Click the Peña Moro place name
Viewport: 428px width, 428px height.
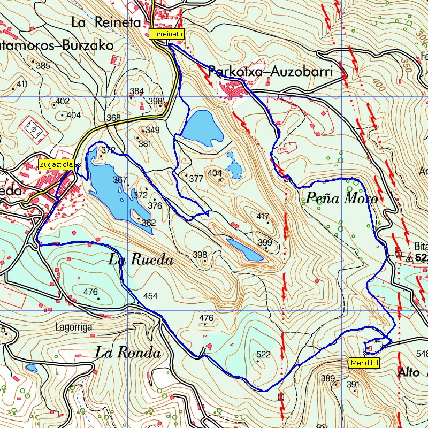click(341, 199)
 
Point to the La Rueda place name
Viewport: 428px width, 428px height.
click(141, 261)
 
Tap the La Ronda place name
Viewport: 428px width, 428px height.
click(128, 353)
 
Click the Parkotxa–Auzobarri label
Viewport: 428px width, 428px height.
click(271, 71)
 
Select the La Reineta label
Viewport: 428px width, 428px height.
click(105, 22)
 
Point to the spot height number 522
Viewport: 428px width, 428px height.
click(263, 354)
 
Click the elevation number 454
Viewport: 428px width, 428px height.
click(150, 296)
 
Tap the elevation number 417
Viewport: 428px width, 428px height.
click(263, 217)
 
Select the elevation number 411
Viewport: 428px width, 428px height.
click(22, 84)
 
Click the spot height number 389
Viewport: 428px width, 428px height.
click(327, 379)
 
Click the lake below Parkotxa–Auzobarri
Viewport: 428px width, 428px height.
click(202, 127)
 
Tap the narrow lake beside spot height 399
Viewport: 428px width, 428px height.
click(244, 250)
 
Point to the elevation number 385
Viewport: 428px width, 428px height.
click(43, 66)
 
